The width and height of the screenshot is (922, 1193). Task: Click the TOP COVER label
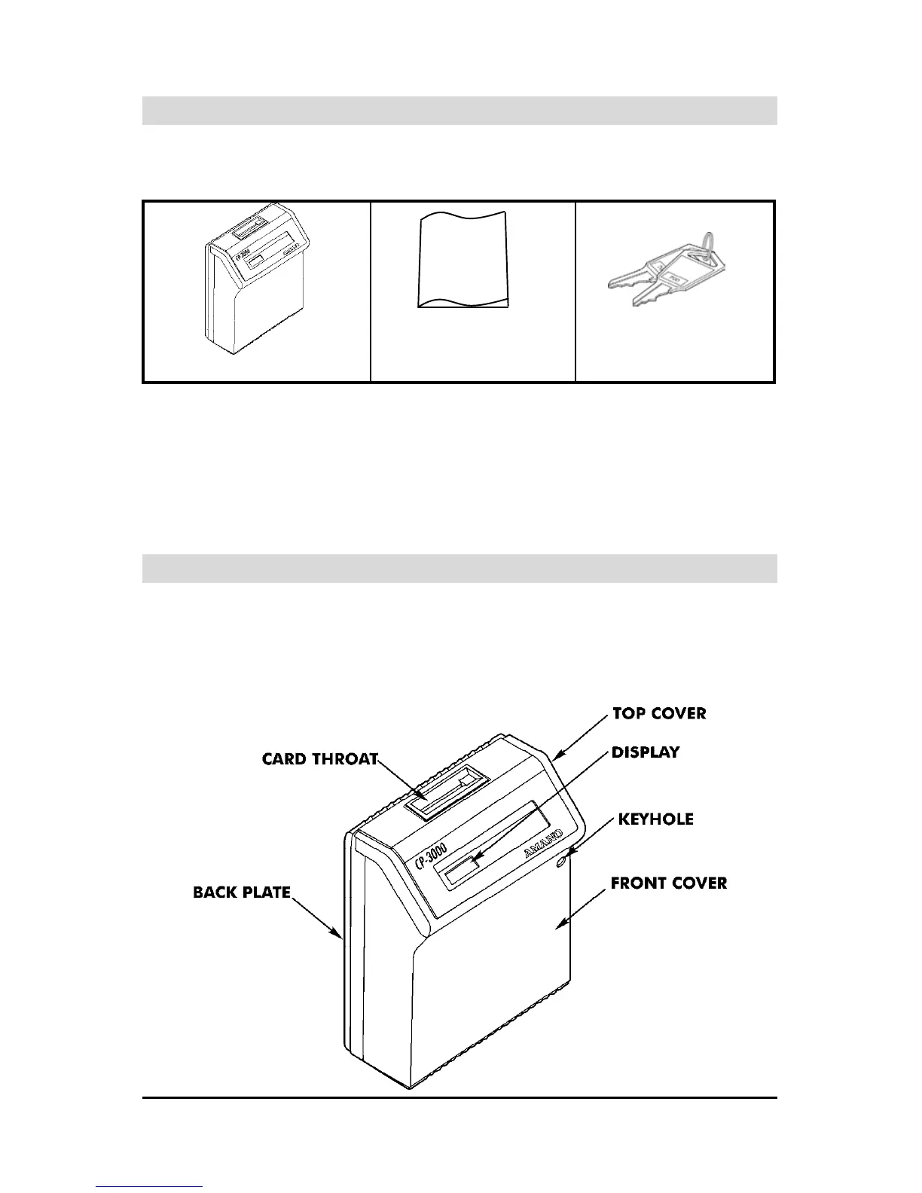point(659,713)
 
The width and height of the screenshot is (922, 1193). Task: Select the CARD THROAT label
point(319,758)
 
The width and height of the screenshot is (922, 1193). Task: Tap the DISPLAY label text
point(645,752)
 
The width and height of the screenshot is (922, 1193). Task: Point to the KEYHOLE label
point(655,819)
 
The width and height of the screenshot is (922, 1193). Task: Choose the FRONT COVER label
point(668,883)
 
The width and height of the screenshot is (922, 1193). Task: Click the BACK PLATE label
point(241,892)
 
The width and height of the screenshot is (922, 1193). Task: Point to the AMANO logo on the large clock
point(546,844)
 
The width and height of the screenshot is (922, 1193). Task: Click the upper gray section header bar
point(459,110)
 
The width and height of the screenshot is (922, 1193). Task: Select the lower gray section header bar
point(459,569)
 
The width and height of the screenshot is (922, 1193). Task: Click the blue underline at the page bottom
point(149,1186)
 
